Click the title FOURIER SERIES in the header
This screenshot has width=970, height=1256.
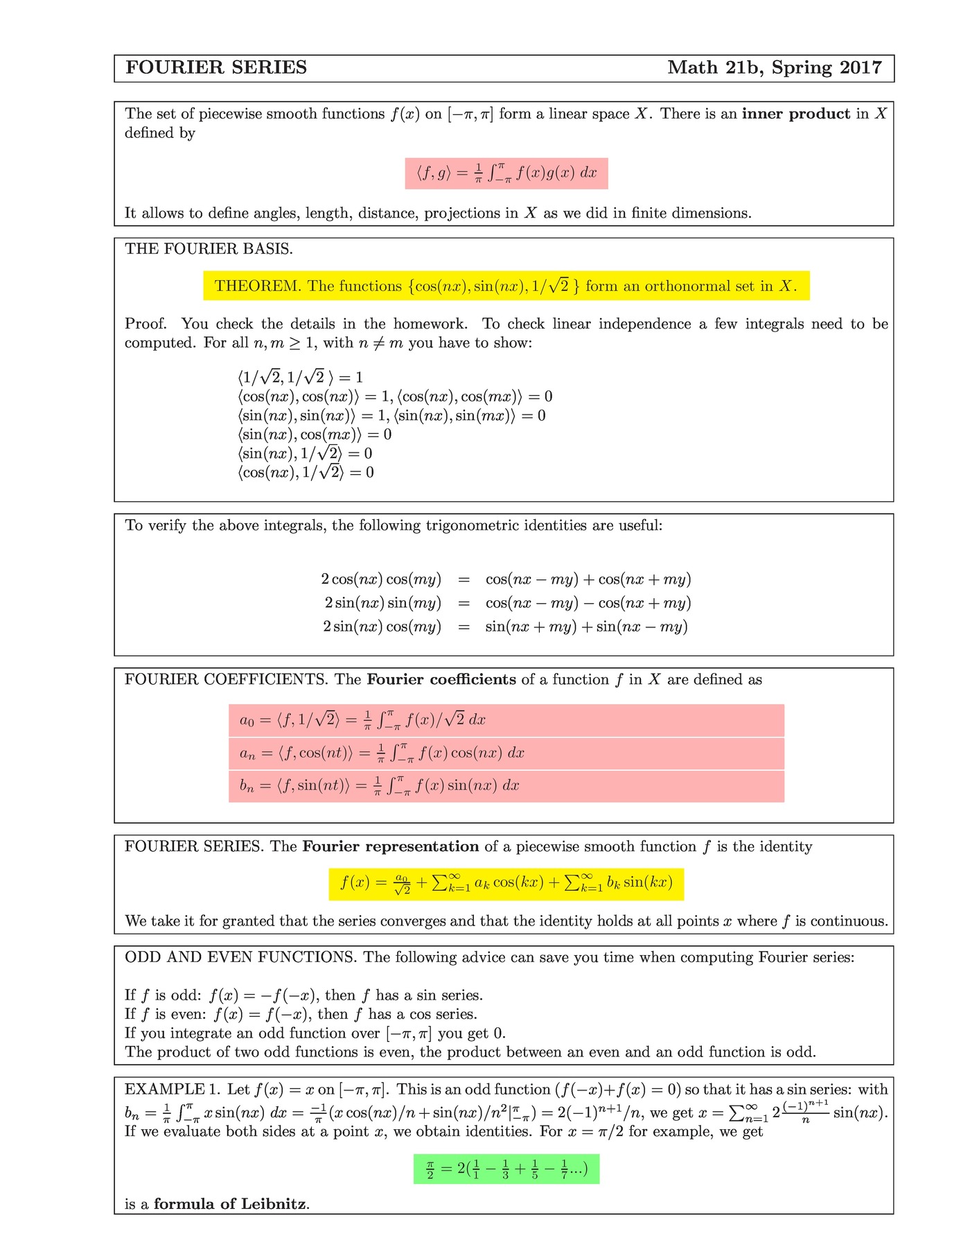click(x=216, y=68)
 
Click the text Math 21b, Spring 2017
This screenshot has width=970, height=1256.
click(x=774, y=68)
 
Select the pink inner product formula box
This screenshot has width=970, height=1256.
click(x=506, y=173)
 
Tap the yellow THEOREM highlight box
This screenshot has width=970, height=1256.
click(x=506, y=286)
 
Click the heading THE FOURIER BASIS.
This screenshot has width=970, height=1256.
click(x=209, y=250)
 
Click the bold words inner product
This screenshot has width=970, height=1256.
click(x=795, y=114)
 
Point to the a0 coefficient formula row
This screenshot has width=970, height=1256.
click(x=506, y=720)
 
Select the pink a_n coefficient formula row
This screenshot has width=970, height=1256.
click(x=506, y=753)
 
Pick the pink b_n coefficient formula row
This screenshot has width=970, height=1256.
click(x=506, y=786)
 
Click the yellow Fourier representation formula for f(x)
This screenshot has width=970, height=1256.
click(x=506, y=884)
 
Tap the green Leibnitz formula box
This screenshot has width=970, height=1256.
click(x=506, y=1169)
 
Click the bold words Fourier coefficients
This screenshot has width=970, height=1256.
click(x=441, y=680)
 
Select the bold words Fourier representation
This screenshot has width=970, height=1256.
click(x=391, y=847)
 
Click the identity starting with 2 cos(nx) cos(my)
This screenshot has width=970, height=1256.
click(x=506, y=579)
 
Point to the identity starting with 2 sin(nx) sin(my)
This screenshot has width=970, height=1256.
click(x=506, y=603)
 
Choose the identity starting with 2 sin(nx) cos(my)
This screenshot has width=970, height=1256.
click(x=506, y=627)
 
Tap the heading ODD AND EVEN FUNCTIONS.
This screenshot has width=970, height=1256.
click(x=240, y=958)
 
